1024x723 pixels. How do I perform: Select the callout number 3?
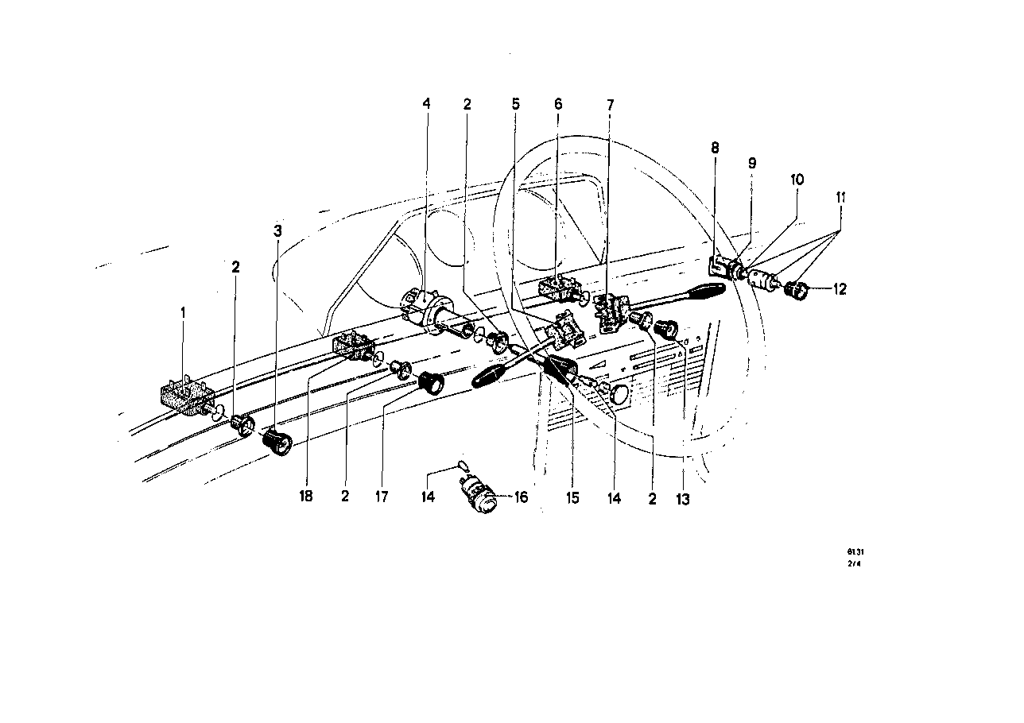click(277, 231)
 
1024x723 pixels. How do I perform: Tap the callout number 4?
click(426, 104)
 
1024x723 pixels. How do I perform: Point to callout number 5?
click(515, 104)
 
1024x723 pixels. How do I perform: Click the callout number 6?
click(558, 104)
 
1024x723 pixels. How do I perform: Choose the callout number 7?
click(610, 104)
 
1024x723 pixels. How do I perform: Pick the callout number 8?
click(715, 147)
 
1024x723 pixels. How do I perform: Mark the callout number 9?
click(752, 163)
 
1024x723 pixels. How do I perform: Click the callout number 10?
click(797, 180)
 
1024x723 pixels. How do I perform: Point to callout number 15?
click(572, 497)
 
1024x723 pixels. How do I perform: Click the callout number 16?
click(521, 497)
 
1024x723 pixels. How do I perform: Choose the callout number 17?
click(382, 497)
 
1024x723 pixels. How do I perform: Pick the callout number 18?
click(306, 497)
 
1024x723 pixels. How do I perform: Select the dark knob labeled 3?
click(276, 441)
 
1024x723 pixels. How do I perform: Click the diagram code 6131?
click(855, 551)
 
